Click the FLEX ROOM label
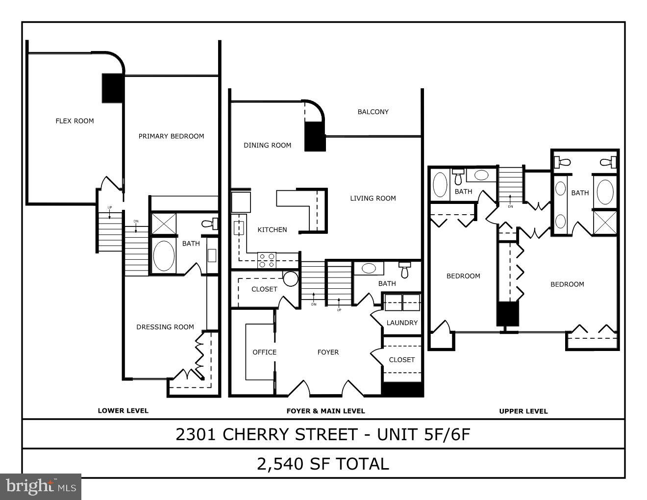click(x=75, y=121)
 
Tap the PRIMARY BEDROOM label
click(x=171, y=136)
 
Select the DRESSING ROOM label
click(x=165, y=327)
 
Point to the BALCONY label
click(x=373, y=112)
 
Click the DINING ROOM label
click(x=268, y=145)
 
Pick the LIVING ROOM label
click(x=373, y=199)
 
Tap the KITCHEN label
click(x=272, y=230)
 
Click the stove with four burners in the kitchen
click(x=267, y=260)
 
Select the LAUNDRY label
click(x=402, y=323)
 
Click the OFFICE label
click(x=265, y=352)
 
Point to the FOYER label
click(x=328, y=352)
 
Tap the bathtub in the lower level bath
click(x=163, y=255)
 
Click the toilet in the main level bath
click(x=404, y=269)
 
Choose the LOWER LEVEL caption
click(x=123, y=411)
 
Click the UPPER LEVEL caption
click(x=523, y=411)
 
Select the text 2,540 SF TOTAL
click(x=323, y=464)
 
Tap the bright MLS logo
click(x=41, y=486)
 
